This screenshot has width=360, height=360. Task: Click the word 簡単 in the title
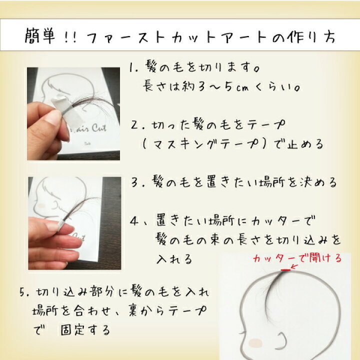coord(39,36)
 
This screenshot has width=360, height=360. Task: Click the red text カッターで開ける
coord(297,258)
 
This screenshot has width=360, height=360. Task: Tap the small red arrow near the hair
coord(294,267)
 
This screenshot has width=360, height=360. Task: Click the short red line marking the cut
coord(285,270)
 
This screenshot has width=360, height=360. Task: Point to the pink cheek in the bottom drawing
coord(255,343)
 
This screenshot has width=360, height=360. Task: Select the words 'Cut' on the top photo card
coord(99,128)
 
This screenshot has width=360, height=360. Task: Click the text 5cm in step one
coord(236,87)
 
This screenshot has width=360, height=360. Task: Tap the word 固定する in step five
coord(85,330)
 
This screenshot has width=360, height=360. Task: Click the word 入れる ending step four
coord(174,259)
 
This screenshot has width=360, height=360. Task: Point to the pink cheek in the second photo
coord(41,205)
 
